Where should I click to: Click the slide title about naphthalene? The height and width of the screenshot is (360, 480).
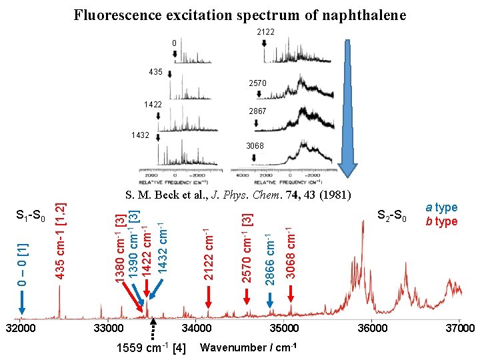coord(239,15)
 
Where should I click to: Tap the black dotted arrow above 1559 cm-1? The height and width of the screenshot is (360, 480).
coord(154,329)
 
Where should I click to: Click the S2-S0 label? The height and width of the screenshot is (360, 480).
coord(392,215)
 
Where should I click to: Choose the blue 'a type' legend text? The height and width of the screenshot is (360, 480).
coord(442,208)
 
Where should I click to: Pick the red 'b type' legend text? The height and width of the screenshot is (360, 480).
coord(442,221)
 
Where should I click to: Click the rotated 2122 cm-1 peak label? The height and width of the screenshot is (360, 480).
coord(209,255)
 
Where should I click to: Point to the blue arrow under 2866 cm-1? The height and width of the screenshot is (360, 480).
coord(269,299)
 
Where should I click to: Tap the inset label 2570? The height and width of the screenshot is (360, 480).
coord(258,83)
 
